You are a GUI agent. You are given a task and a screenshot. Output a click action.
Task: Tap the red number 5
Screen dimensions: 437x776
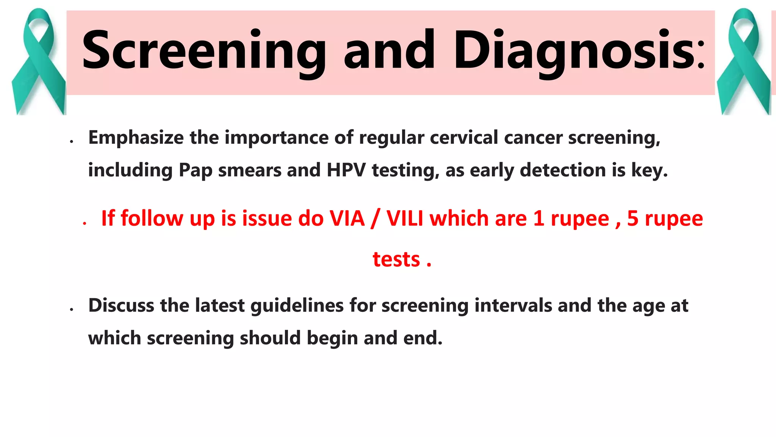click(633, 219)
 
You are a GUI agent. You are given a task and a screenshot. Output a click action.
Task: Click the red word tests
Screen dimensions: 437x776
click(396, 260)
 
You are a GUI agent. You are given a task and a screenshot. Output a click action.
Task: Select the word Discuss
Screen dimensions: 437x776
click(121, 306)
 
